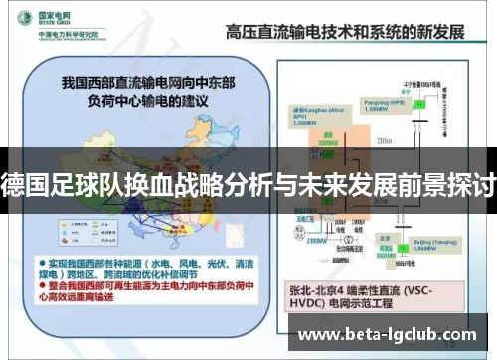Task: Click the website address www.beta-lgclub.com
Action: (394, 334)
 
